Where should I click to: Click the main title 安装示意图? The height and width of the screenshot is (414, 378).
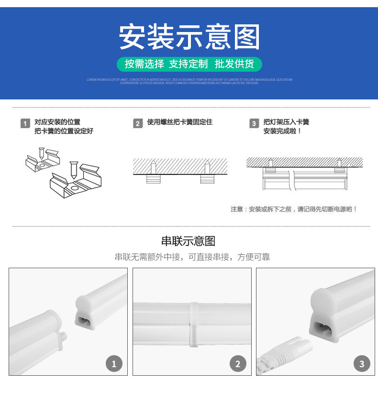pyautogui.click(x=189, y=37)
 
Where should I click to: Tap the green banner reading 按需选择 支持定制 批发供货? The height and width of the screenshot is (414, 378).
pyautogui.click(x=189, y=64)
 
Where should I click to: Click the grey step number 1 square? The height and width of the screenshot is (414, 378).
pyautogui.click(x=25, y=124)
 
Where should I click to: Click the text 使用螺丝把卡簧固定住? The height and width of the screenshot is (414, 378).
pyautogui.click(x=179, y=122)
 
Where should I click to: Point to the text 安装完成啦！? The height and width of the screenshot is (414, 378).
pyautogui.click(x=282, y=131)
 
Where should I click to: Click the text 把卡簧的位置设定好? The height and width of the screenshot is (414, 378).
pyautogui.click(x=64, y=131)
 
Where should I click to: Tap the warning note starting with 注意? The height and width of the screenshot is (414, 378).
pyautogui.click(x=294, y=209)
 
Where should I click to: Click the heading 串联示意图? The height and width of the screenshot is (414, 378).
pyautogui.click(x=189, y=241)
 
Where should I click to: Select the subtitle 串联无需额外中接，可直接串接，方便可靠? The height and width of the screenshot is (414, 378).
pyautogui.click(x=192, y=257)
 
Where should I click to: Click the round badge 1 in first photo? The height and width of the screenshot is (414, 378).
pyautogui.click(x=114, y=364)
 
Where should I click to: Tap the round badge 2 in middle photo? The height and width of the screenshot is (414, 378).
pyautogui.click(x=238, y=364)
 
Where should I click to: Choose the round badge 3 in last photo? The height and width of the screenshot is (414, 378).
pyautogui.click(x=362, y=364)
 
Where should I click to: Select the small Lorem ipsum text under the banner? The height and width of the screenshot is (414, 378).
pyautogui.click(x=189, y=81)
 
